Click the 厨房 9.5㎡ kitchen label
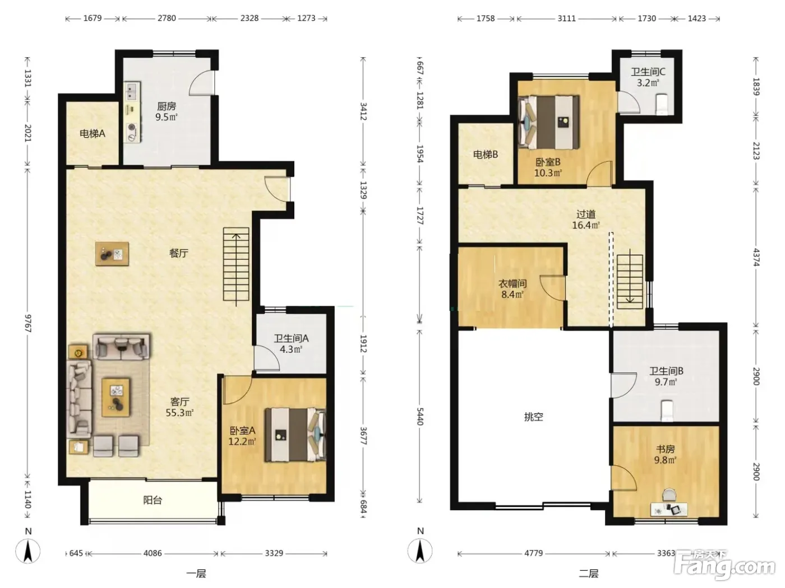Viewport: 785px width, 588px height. [x=167, y=111]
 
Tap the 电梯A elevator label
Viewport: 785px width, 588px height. [x=93, y=133]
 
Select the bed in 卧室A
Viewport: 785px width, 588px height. [x=295, y=435]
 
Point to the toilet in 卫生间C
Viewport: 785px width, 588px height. [x=662, y=104]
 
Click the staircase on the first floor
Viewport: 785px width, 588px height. [x=236, y=264]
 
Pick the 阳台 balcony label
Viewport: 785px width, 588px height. [x=153, y=500]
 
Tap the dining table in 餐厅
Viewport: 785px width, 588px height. [x=112, y=254]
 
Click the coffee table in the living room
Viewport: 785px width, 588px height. [x=116, y=398]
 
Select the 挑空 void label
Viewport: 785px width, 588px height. [x=534, y=417]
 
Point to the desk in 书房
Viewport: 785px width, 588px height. [x=669, y=510]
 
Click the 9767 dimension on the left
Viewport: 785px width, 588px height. [x=28, y=323]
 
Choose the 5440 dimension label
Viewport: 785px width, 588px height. [x=420, y=416]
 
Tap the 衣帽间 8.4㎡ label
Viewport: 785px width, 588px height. [x=512, y=289]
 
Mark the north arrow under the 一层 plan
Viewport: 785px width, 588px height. [x=28, y=551]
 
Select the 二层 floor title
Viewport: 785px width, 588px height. [x=589, y=574]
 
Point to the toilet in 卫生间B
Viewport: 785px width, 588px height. [x=667, y=410]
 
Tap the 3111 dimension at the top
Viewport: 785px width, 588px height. [x=567, y=18]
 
